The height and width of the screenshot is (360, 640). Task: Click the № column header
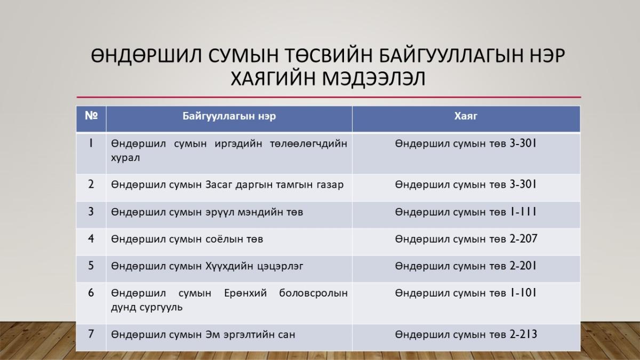click(x=91, y=116)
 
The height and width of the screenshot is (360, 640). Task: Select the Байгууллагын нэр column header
click(x=229, y=116)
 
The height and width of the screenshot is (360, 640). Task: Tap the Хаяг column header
click(x=466, y=116)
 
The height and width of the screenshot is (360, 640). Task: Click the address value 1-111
click(x=523, y=212)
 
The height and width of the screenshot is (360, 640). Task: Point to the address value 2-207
click(x=523, y=239)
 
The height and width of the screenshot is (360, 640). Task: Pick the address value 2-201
click(x=523, y=266)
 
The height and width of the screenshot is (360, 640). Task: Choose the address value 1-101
click(x=523, y=293)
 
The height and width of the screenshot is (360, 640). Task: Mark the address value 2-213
click(x=523, y=334)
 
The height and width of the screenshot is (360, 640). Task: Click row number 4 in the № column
click(x=91, y=238)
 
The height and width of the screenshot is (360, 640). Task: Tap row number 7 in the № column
click(x=91, y=334)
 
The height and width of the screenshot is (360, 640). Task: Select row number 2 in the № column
click(x=91, y=185)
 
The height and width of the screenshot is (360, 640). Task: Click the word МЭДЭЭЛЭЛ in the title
click(x=374, y=78)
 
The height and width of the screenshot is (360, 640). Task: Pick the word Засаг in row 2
click(x=219, y=185)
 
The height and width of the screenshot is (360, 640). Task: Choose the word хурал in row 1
click(x=125, y=158)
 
